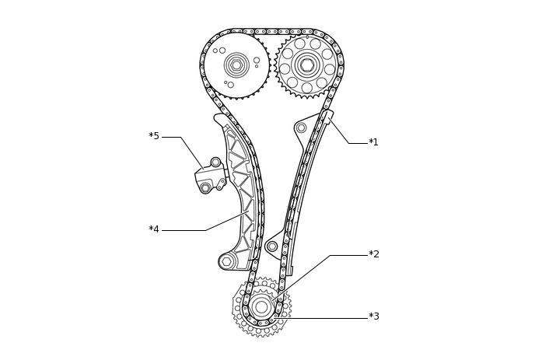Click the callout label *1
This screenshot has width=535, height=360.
coord(373,143)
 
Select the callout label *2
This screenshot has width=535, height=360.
coord(373,255)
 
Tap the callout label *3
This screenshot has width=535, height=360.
coord(373,317)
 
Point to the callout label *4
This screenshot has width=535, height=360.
coord(154,230)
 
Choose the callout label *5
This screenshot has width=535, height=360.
coord(154,137)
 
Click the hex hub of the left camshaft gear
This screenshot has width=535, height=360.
coord(236,65)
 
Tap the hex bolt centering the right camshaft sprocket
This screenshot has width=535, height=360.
coord(307,65)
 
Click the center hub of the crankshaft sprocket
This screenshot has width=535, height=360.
coord(261,307)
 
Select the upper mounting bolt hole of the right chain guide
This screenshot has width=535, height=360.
coord(301,128)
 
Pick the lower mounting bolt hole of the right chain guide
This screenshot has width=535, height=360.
coord(272,246)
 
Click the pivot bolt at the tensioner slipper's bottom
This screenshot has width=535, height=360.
coord(227,262)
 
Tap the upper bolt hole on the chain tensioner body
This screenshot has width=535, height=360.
coord(215,163)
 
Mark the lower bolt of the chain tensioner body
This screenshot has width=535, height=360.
coord(205,188)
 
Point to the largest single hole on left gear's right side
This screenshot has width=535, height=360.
coord(257,60)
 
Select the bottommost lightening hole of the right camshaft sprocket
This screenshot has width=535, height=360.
coord(307,88)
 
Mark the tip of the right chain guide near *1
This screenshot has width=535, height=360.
coord(327,114)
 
